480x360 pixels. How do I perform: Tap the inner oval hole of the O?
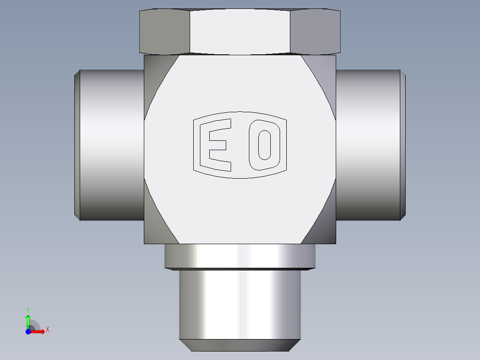pyautogui.click(x=264, y=145)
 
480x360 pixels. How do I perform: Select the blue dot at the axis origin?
pyautogui.click(x=28, y=331)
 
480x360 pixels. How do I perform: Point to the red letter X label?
pyautogui.click(x=48, y=330)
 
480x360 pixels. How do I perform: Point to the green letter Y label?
pyautogui.click(x=28, y=310)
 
